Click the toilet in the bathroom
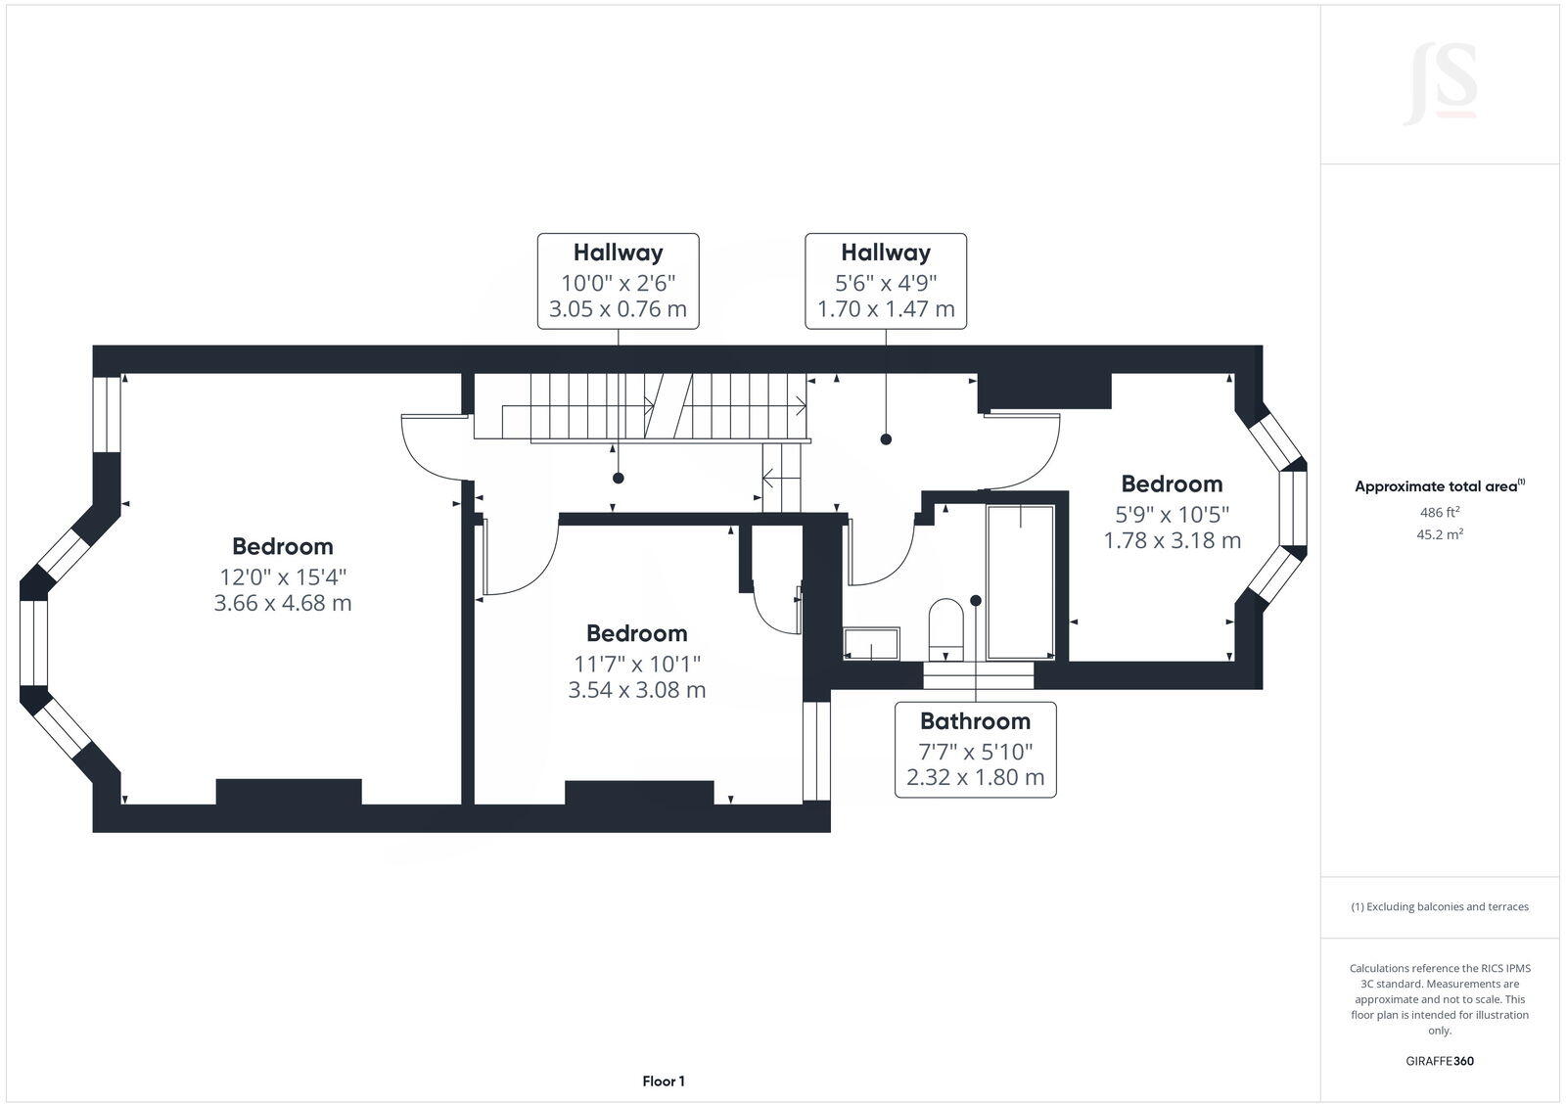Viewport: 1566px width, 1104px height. pyautogui.click(x=946, y=627)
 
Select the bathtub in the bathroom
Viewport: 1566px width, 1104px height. pyautogui.click(x=1020, y=582)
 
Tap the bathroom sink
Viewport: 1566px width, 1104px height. pyautogui.click(x=871, y=643)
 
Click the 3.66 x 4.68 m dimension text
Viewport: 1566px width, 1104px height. pyautogui.click(x=283, y=603)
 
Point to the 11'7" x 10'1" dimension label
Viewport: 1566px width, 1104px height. pyautogui.click(x=637, y=663)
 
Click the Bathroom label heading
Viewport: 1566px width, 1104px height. pyautogui.click(x=975, y=721)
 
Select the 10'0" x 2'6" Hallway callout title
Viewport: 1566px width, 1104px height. pyautogui.click(x=618, y=253)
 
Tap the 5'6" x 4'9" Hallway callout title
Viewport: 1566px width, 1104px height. pyautogui.click(x=885, y=253)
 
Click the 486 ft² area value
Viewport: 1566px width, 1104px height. pyautogui.click(x=1439, y=512)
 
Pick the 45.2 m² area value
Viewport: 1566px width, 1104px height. pyautogui.click(x=1439, y=534)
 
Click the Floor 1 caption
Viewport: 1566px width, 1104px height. pyautogui.click(x=664, y=1081)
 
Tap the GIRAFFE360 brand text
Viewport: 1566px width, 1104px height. pyautogui.click(x=1439, y=1061)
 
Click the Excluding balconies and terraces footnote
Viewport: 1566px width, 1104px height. pyautogui.click(x=1439, y=906)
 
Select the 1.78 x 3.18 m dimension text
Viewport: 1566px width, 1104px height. pyautogui.click(x=1172, y=540)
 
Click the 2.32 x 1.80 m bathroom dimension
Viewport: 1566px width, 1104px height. pyautogui.click(x=975, y=778)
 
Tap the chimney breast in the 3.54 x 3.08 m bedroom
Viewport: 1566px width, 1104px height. pyautogui.click(x=638, y=793)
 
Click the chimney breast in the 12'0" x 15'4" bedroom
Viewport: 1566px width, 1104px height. pyautogui.click(x=289, y=791)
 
